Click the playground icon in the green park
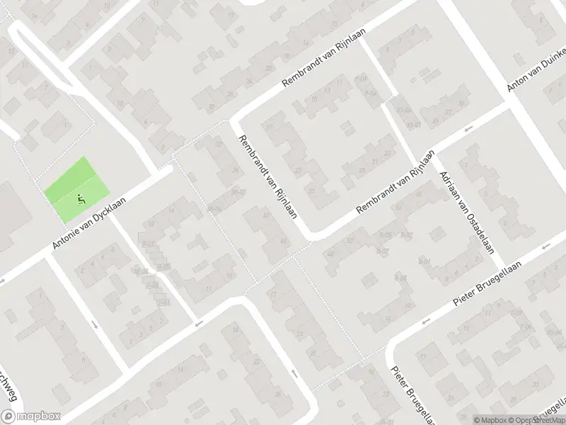click(x=81, y=198)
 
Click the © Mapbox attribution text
click(x=488, y=419)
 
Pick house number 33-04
click(x=404, y=110)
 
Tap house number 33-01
click(x=413, y=125)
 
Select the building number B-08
click(x=400, y=278)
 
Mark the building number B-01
click(x=424, y=262)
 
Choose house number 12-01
click(x=164, y=303)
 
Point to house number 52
click(x=350, y=242)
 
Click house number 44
click(x=284, y=242)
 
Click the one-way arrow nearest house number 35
click(x=468, y=130)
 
